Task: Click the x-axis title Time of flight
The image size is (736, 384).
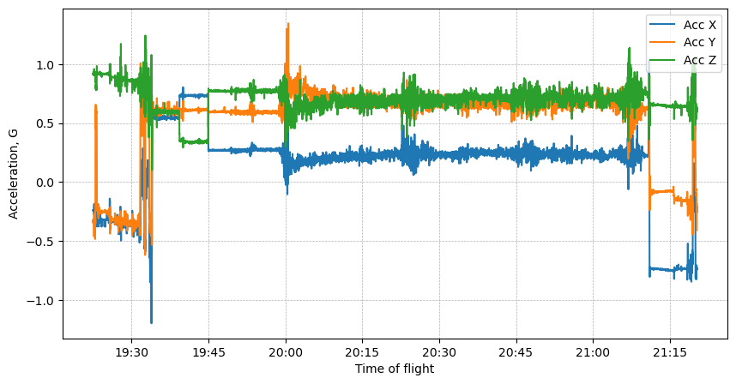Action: [395, 369]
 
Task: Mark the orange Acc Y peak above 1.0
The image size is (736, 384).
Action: [287, 25]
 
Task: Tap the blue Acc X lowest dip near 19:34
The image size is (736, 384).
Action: [151, 322]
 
